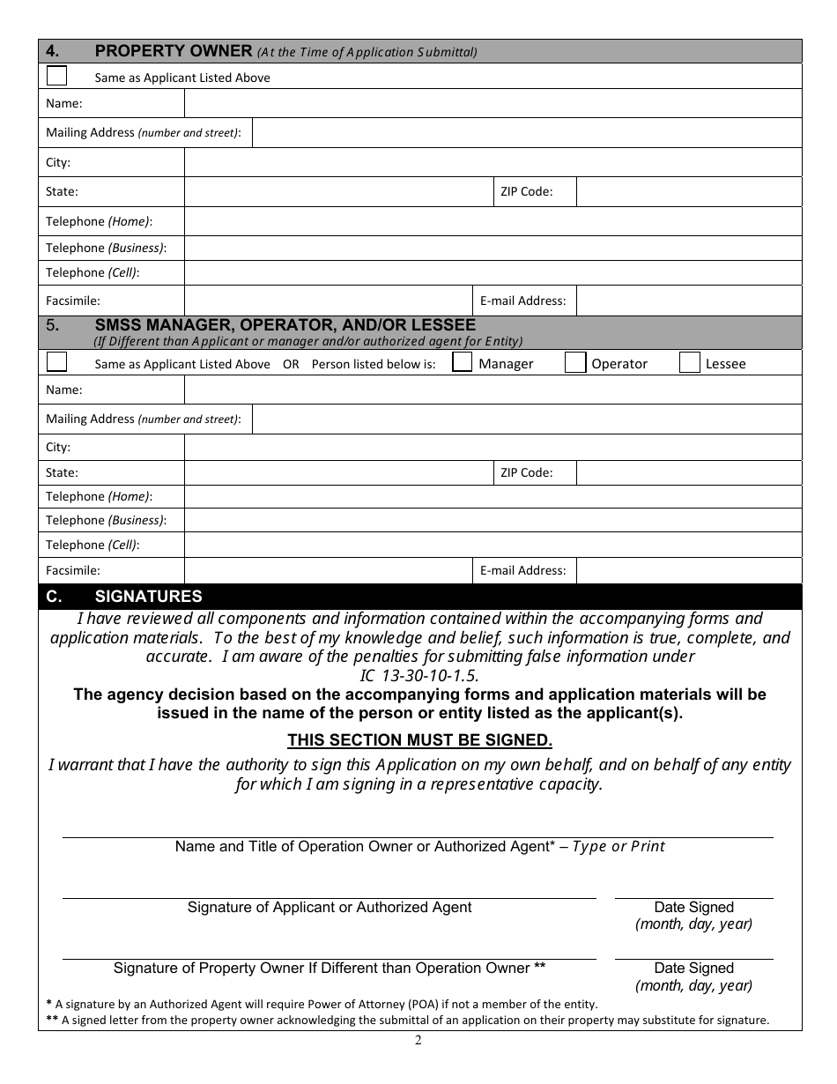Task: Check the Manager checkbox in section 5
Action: pyautogui.click(x=462, y=362)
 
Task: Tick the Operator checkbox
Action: pyautogui.click(x=574, y=362)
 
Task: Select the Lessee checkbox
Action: pyautogui.click(x=690, y=362)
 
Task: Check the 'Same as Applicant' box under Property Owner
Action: pyautogui.click(x=56, y=76)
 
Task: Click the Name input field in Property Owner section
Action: pyautogui.click(x=493, y=104)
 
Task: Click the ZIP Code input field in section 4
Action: pyautogui.click(x=688, y=191)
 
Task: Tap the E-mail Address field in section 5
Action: pyautogui.click(x=688, y=570)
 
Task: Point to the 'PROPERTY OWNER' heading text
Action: pyautogui.click(x=174, y=51)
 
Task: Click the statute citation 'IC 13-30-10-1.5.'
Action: pyautogui.click(x=419, y=675)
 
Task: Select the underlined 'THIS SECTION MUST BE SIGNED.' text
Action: pyautogui.click(x=419, y=740)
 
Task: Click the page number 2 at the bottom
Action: pyautogui.click(x=418, y=1040)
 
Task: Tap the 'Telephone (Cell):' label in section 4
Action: pyautogui.click(x=93, y=273)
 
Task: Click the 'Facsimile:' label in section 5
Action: pyautogui.click(x=73, y=570)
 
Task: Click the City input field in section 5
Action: pyautogui.click(x=493, y=447)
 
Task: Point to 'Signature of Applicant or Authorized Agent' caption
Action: pyautogui.click(x=330, y=908)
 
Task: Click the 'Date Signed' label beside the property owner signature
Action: pyautogui.click(x=693, y=968)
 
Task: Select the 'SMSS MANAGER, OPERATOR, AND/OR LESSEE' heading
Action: pyautogui.click(x=285, y=325)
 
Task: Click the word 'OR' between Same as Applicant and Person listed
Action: pyautogui.click(x=291, y=364)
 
